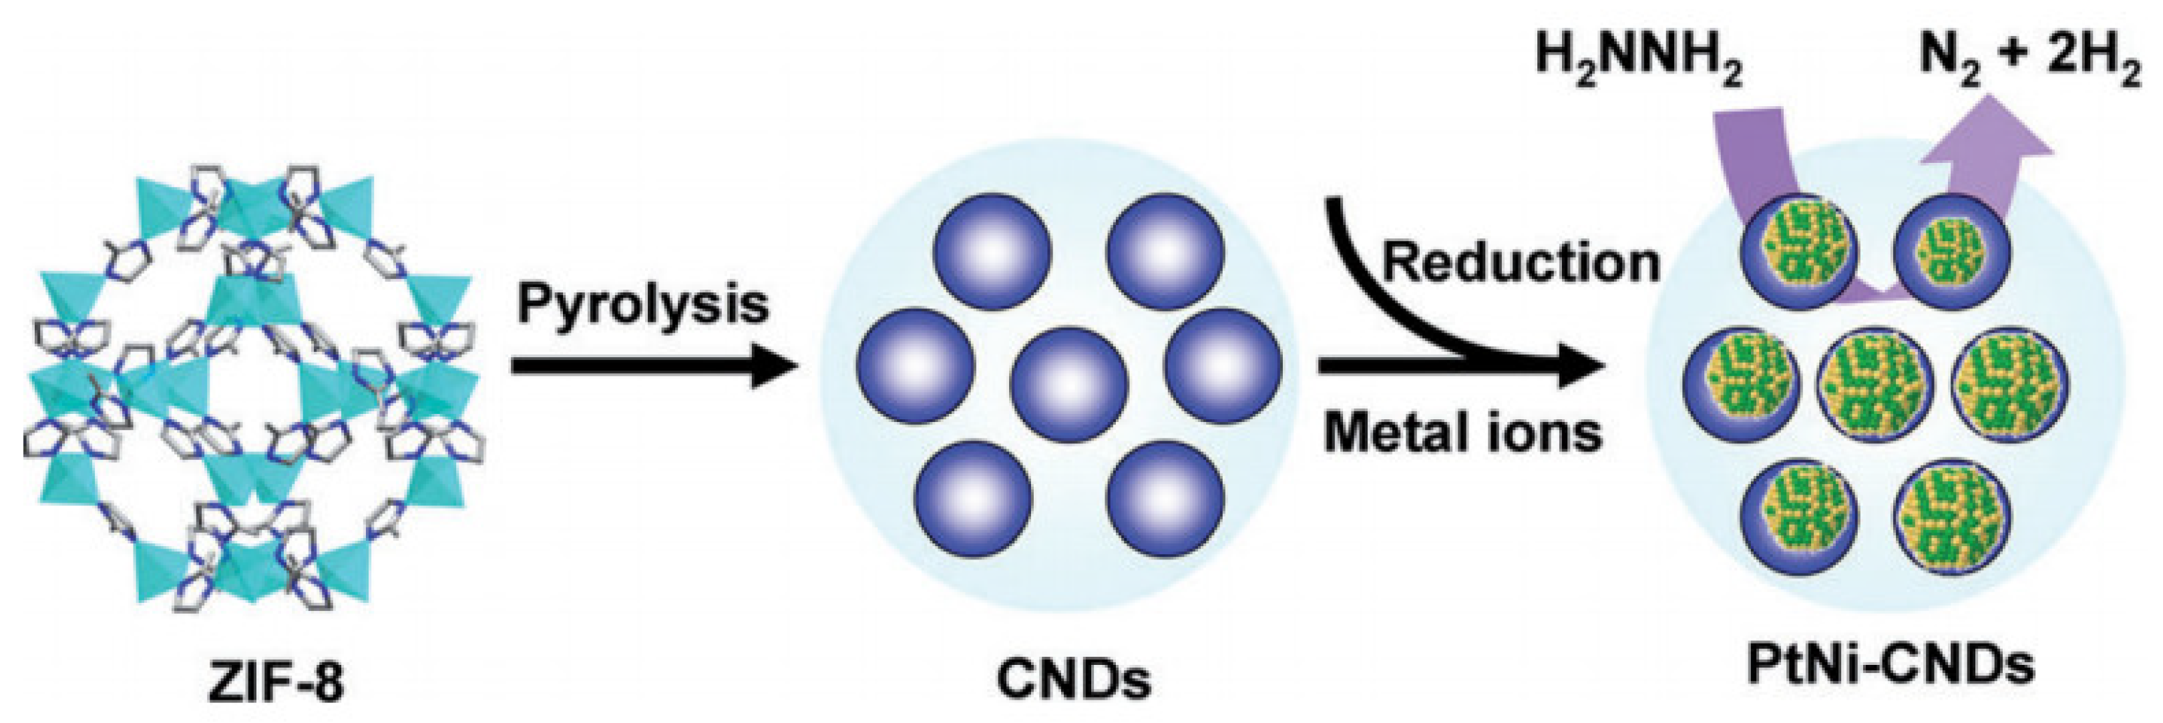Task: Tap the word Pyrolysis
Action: click(643, 304)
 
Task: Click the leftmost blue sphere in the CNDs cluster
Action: click(916, 366)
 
